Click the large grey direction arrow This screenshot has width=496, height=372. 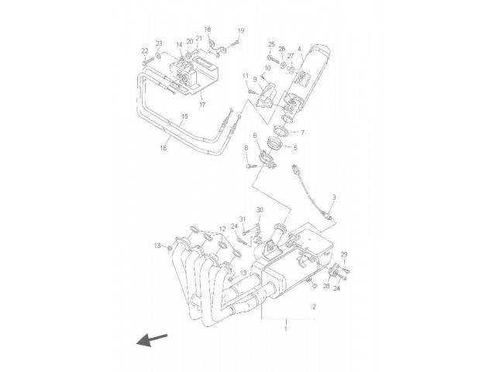pos(151,339)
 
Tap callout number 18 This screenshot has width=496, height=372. pos(207,29)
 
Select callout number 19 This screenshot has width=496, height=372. pos(241,31)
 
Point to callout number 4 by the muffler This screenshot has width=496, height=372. pos(299,49)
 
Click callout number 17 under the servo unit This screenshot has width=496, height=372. pos(202,105)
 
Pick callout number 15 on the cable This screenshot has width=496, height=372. pos(184,116)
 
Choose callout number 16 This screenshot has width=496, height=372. pos(164,147)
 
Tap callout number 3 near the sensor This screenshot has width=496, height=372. pos(334,197)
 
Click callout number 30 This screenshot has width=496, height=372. pos(260,210)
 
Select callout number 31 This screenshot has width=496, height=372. pos(243,219)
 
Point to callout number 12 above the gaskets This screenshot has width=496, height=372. pos(222,229)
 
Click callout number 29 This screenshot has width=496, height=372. pos(344,254)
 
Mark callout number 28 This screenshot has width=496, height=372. pos(326,286)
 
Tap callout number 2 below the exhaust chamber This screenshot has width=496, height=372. pos(314,306)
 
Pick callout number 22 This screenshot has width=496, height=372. pos(145,51)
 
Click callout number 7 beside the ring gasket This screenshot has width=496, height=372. pos(302,133)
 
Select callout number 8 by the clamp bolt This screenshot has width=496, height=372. pos(246,148)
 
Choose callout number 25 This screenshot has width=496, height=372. pos(271,44)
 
